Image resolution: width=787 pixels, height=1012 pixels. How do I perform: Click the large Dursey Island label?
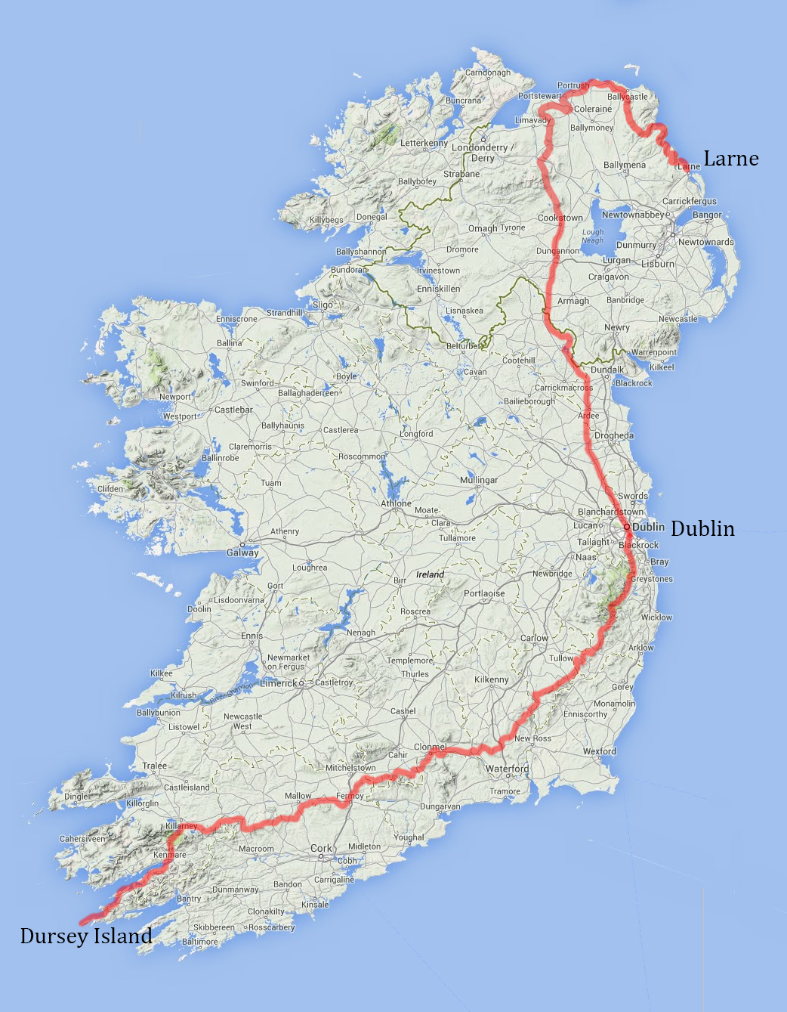point(86,936)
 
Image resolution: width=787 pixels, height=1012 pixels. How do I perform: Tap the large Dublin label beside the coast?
point(702,528)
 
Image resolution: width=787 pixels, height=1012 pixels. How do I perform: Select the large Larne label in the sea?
point(731,158)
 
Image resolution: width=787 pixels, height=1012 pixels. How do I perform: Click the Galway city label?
point(242,552)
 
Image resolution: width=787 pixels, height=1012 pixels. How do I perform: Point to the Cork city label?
point(321,848)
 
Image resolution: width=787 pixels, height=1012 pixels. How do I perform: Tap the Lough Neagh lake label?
point(593,237)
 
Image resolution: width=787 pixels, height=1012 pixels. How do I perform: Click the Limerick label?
point(279,682)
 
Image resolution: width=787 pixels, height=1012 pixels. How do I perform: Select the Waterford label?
point(507,769)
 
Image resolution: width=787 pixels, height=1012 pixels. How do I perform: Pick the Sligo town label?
point(323,305)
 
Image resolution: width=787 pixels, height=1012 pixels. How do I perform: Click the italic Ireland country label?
point(430,574)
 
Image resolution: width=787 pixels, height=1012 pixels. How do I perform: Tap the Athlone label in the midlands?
point(396,503)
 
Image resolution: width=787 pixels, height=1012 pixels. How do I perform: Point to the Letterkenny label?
point(424,143)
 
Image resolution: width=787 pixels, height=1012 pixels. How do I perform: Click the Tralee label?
point(155,766)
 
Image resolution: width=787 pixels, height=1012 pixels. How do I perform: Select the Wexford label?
point(599,751)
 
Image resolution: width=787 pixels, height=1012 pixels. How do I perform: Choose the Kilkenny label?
point(491,679)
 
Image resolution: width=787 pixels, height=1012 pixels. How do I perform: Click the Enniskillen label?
point(438,289)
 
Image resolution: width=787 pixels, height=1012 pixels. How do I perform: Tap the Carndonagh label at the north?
point(487,73)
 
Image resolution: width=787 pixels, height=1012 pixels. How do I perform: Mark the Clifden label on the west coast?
point(110,488)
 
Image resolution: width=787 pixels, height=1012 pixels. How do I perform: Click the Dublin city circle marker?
point(627,527)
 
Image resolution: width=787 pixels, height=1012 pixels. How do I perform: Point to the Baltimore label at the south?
point(200,942)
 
